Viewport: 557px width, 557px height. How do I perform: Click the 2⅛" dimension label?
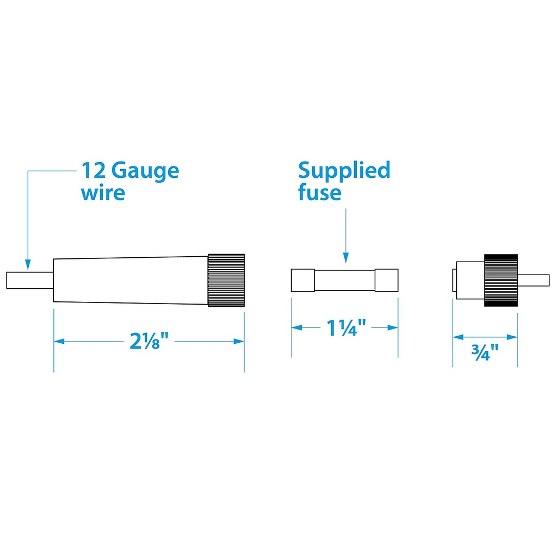[x=149, y=341]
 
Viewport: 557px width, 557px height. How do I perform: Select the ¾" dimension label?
[x=485, y=352]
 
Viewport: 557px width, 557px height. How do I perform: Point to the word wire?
[x=103, y=193]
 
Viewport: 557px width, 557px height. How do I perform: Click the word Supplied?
[x=344, y=171]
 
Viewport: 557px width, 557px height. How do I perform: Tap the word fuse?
[x=320, y=192]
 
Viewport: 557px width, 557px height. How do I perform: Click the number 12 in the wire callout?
[x=94, y=170]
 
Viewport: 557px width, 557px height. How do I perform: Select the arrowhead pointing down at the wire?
[x=28, y=264]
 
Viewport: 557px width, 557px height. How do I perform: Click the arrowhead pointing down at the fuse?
[x=345, y=257]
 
